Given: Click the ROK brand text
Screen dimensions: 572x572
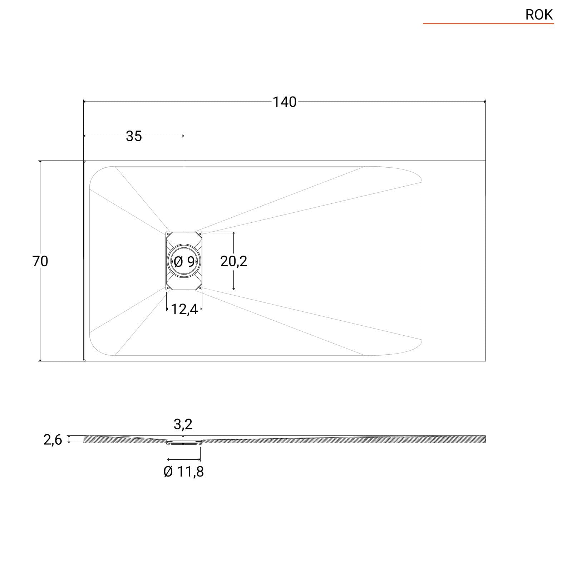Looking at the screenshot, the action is pyautogui.click(x=539, y=15).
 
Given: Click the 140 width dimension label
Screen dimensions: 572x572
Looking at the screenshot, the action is pyautogui.click(x=285, y=102).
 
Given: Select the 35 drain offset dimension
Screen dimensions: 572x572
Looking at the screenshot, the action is pyautogui.click(x=134, y=136).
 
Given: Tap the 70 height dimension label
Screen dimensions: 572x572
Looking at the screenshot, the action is pyautogui.click(x=40, y=261).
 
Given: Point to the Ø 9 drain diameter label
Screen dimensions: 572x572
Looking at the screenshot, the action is pyautogui.click(x=184, y=262).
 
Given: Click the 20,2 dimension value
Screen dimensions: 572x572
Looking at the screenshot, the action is pyautogui.click(x=233, y=261).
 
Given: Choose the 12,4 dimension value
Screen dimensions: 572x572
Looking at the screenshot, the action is pyautogui.click(x=184, y=309).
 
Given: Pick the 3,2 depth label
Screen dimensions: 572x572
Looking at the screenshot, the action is pyautogui.click(x=183, y=424).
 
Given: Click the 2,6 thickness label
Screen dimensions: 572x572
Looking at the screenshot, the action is pyautogui.click(x=53, y=440).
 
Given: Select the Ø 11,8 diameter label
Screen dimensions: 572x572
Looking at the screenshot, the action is pyautogui.click(x=184, y=472).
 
